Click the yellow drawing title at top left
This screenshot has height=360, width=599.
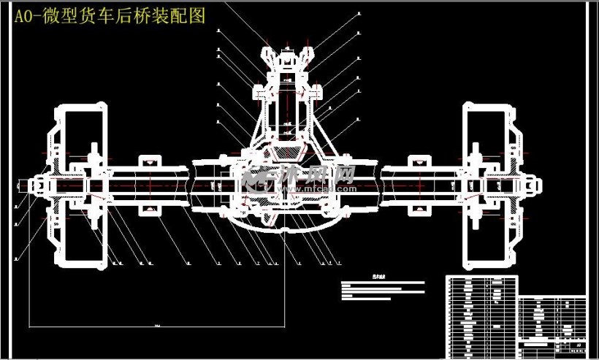110,16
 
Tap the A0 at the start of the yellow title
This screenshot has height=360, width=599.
23,17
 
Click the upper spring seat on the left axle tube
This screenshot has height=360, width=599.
150,161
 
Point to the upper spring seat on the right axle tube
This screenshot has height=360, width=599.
417,161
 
